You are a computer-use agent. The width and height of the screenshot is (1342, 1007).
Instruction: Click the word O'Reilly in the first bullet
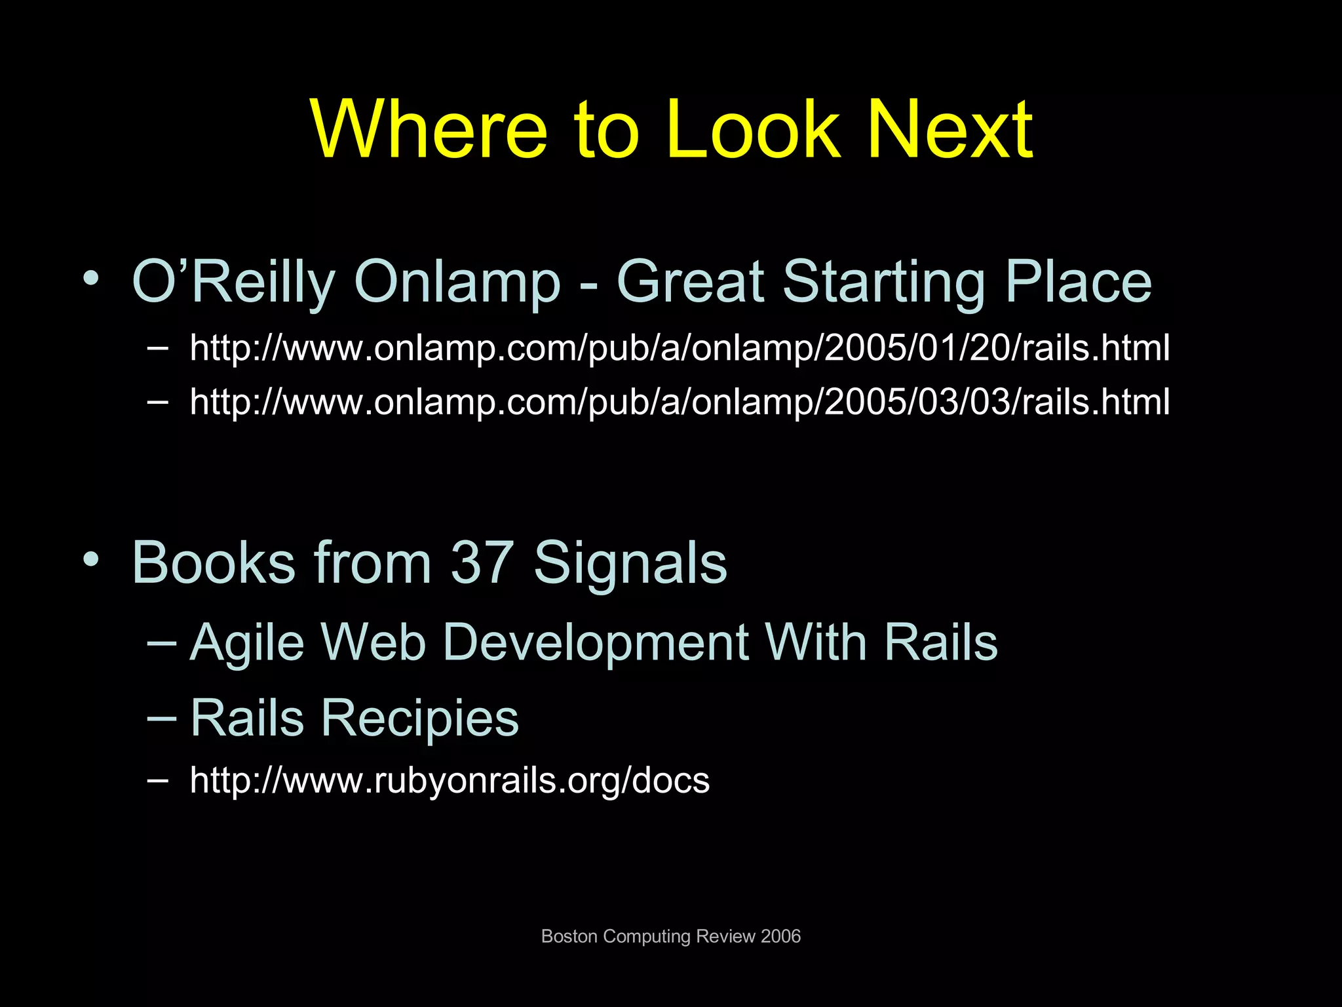233,282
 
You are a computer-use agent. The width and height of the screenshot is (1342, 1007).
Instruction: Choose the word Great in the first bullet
691,282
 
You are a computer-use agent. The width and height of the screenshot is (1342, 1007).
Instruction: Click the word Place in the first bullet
1078,282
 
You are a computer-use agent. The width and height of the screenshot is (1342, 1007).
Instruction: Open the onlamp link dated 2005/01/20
680,348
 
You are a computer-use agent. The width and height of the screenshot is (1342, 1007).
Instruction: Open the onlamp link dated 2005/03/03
680,402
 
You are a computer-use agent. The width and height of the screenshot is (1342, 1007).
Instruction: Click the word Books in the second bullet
214,563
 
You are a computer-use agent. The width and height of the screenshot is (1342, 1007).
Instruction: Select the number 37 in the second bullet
482,563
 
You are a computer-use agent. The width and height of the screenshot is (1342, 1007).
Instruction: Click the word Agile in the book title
247,643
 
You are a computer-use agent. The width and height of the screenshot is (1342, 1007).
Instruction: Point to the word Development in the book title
596,643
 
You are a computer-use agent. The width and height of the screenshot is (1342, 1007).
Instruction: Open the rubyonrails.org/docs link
450,781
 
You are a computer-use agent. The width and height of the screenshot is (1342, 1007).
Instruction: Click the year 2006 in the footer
780,936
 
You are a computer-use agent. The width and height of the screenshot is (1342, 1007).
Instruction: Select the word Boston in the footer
569,936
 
